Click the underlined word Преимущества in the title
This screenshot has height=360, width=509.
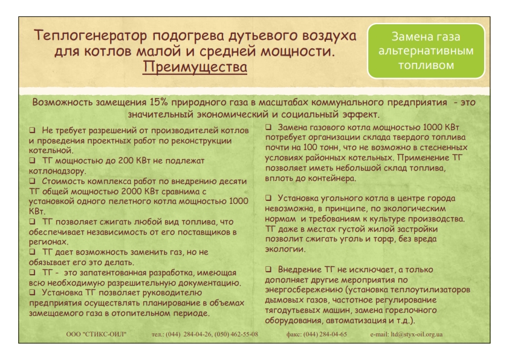(195, 67)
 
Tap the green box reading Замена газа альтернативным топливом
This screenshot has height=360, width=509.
(426, 51)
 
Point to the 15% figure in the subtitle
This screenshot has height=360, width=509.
(159, 102)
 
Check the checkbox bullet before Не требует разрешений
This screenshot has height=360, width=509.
(32, 130)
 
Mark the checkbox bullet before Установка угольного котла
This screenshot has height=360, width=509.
(268, 197)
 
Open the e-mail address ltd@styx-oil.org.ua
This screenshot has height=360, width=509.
(417, 335)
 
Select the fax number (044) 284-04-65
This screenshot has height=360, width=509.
(325, 335)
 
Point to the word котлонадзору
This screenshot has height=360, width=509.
(57, 171)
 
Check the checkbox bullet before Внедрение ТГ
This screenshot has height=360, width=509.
(268, 269)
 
